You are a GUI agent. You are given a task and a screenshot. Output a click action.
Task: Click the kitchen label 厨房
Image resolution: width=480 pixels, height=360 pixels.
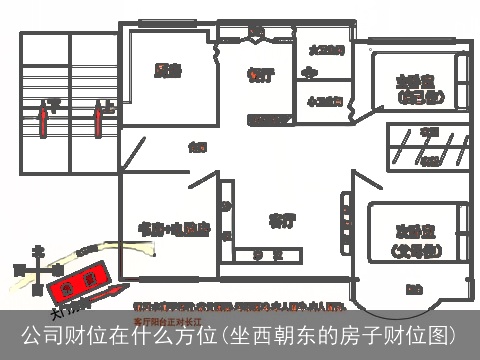coord(167,70)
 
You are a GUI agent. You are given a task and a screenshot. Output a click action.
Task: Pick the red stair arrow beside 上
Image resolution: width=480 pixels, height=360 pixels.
coord(99,122)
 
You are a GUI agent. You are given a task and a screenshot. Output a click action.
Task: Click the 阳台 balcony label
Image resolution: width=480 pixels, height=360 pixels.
coord(413,289)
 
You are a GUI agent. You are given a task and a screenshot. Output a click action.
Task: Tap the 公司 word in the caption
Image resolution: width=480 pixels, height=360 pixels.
coord(43,334)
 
